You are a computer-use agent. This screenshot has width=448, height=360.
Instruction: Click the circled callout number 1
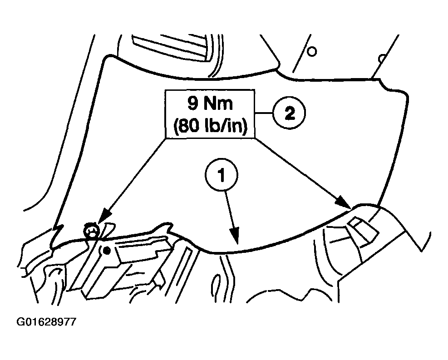222,175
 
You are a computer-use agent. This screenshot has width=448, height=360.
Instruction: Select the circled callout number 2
289,113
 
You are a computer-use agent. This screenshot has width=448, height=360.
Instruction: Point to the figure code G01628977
47,322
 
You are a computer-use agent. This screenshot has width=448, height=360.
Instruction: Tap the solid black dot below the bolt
107,251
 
